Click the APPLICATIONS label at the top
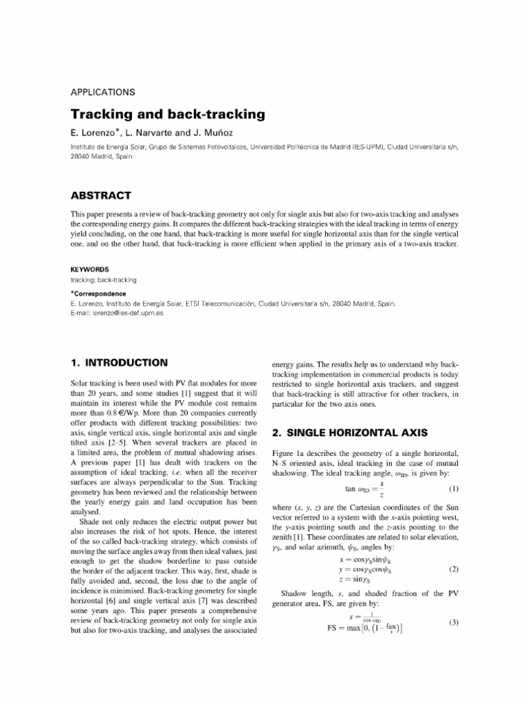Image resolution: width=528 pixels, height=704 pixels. click(102, 92)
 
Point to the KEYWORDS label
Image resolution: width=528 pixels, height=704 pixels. click(90, 270)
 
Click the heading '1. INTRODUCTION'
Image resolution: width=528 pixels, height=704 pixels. click(119, 362)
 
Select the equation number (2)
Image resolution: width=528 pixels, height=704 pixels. click(453, 569)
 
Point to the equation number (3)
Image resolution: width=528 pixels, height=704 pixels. click(453, 623)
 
